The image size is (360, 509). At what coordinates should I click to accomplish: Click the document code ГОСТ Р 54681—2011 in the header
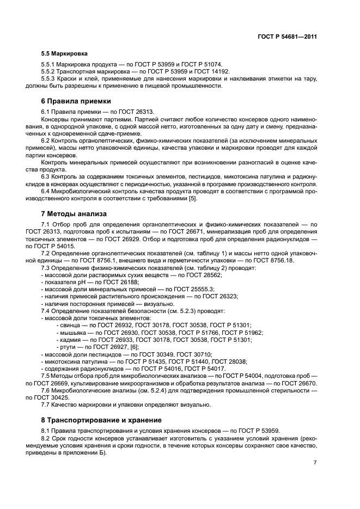[x=286, y=36]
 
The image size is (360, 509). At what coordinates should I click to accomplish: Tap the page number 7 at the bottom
[x=315, y=462]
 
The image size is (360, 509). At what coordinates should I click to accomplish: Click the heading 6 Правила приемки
[x=76, y=101]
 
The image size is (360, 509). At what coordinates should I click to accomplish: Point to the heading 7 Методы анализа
[x=74, y=213]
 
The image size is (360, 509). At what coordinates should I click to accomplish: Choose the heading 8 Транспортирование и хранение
[x=101, y=420]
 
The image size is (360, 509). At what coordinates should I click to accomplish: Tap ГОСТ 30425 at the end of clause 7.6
[x=61, y=397]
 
